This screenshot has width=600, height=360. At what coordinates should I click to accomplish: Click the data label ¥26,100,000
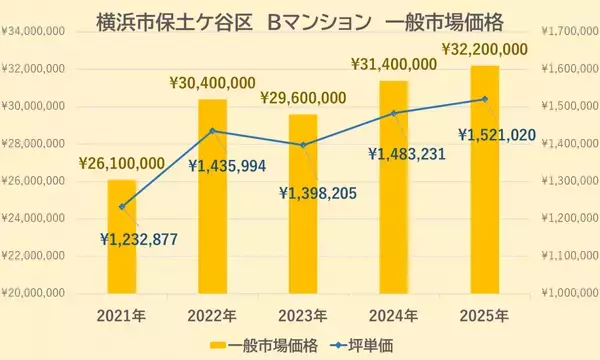click(121, 163)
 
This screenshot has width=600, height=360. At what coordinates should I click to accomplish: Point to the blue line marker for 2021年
click(122, 207)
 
